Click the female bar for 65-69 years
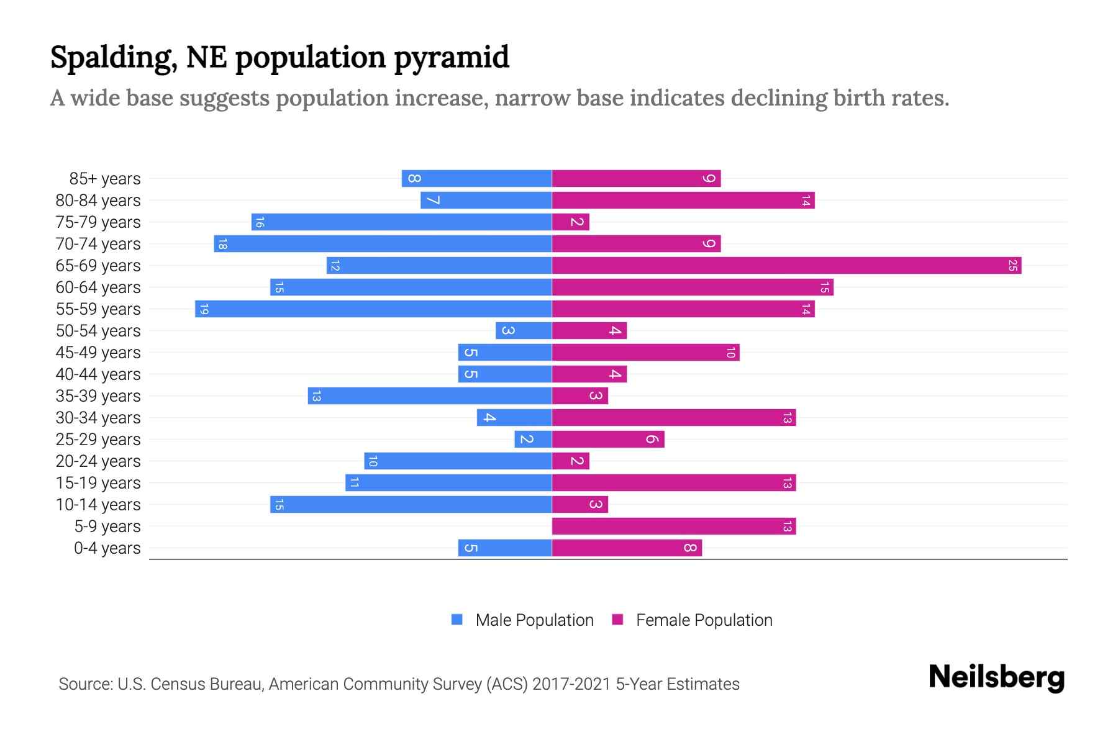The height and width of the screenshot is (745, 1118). pos(786,266)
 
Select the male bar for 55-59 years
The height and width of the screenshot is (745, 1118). pos(373,309)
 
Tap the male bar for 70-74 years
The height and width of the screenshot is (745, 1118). pos(383,244)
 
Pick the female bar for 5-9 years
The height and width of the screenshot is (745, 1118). pos(674,526)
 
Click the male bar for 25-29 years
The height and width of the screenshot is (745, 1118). pos(533,440)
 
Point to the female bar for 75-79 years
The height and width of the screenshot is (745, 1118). pos(570,222)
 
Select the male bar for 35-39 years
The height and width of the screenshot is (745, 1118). pos(430,396)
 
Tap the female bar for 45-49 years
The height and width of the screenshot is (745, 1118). pos(645,353)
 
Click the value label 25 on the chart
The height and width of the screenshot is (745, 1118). pos(1012,266)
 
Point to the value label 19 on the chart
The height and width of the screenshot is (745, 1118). pos(204,309)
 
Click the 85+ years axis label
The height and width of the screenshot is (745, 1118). pos(105,179)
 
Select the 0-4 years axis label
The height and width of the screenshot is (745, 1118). pos(107,548)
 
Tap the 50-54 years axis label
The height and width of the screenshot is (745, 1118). pos(98,331)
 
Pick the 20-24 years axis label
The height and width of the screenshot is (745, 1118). pos(98,461)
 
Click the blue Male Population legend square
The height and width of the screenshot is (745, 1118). pos(457,620)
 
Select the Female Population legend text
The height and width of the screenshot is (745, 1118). pos(704,620)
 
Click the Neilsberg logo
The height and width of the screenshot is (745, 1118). pos(996,677)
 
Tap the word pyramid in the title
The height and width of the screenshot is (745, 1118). pos(452,57)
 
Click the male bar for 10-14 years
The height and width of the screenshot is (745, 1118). pos(411,505)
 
